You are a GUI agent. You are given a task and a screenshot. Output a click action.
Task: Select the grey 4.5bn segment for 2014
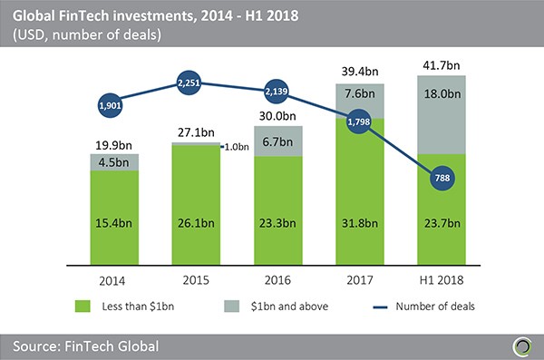tap(114, 163)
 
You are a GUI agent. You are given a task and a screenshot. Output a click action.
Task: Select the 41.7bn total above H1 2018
tap(443, 64)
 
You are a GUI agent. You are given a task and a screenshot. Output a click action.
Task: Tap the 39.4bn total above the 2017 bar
tap(362, 72)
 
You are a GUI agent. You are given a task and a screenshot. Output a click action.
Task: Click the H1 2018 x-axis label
tap(443, 279)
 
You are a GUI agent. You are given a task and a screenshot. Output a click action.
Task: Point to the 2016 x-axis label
tap(279, 279)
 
